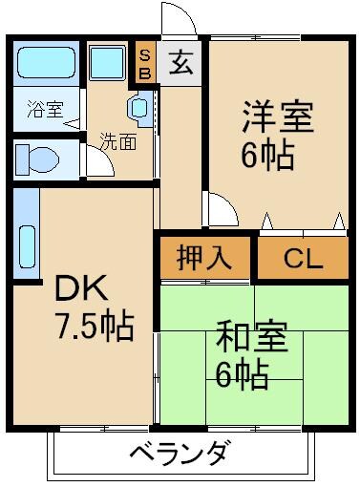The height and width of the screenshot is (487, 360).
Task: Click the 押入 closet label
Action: pyautogui.click(x=204, y=259)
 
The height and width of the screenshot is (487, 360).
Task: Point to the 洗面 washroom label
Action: pyautogui.click(x=117, y=143)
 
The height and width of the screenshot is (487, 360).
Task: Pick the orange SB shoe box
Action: pyautogui.click(x=145, y=63)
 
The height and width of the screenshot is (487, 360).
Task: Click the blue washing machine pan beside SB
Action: pyautogui.click(x=109, y=65)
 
